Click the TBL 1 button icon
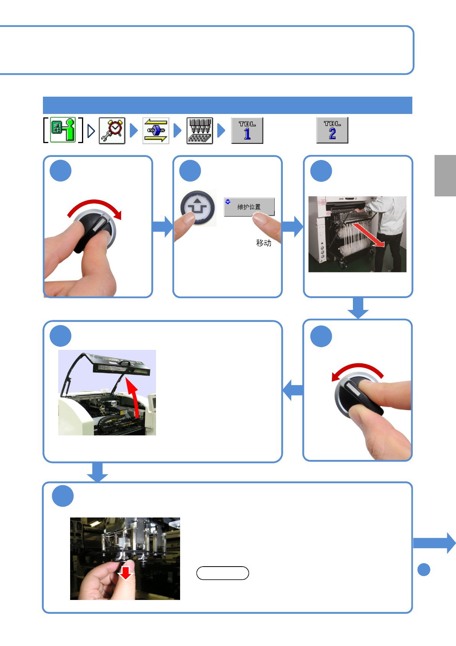tap(247, 131)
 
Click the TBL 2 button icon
tap(332, 130)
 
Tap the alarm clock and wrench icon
tap(112, 131)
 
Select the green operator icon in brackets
tap(63, 130)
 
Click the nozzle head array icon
tap(200, 131)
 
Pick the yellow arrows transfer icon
tap(156, 131)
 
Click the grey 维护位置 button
tap(249, 207)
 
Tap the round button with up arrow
tap(198, 208)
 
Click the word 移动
tap(264, 243)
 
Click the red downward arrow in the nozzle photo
tap(125, 573)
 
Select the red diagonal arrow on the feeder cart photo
tap(369, 235)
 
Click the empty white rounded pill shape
tap(223, 573)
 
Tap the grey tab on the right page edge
tap(445, 176)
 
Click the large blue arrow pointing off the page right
tap(435, 543)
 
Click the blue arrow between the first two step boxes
tap(163, 226)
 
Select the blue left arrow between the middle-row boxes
tap(293, 391)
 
